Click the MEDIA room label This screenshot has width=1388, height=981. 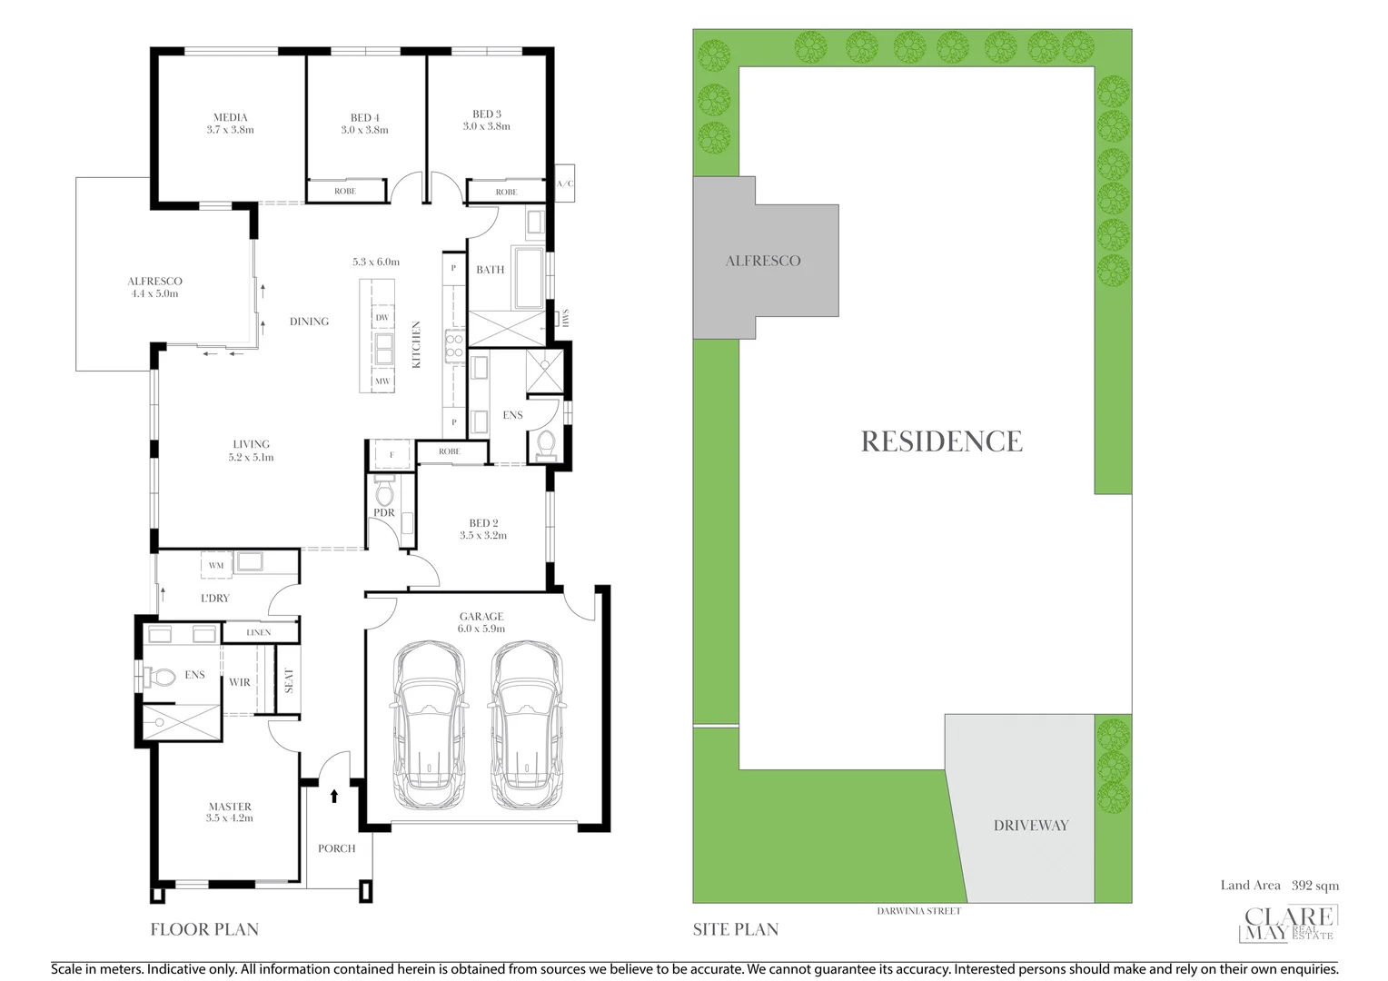[230, 117]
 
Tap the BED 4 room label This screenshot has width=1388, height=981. [364, 117]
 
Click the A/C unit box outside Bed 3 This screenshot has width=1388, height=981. [564, 184]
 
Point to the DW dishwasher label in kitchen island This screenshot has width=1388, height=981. [382, 317]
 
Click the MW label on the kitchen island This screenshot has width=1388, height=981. [382, 381]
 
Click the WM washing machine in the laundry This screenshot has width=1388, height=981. [216, 565]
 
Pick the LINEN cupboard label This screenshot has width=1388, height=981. [259, 632]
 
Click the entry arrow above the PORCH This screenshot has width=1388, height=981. [334, 797]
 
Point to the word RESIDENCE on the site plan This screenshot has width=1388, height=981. [941, 441]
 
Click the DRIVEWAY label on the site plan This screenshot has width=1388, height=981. [1030, 826]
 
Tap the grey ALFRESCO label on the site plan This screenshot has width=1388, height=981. [763, 261]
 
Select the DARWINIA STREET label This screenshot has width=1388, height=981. [920, 911]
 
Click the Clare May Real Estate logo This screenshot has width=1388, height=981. [1287, 925]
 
